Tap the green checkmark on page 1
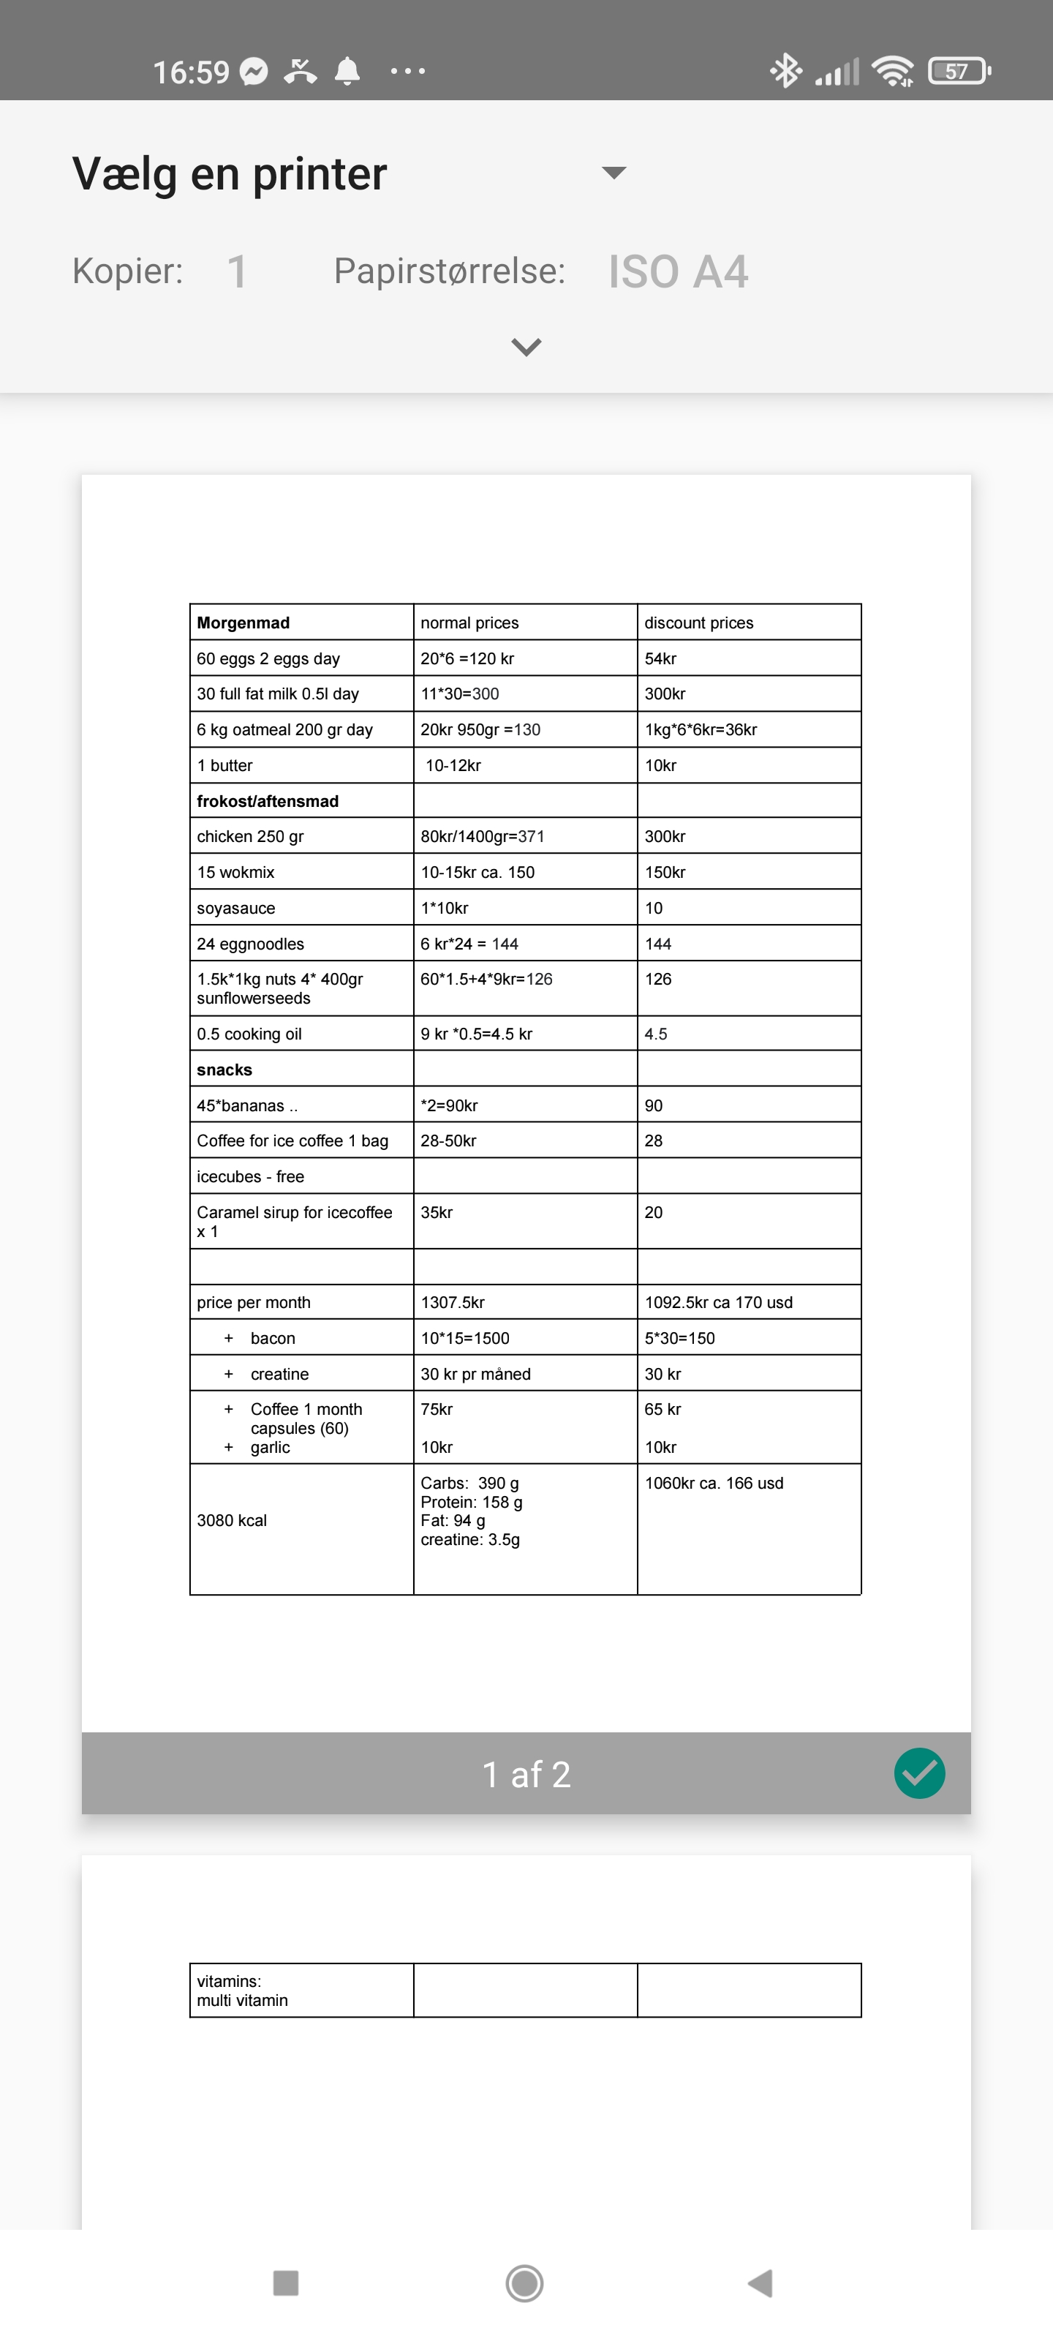point(919,1773)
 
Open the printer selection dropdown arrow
point(614,173)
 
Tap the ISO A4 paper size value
point(678,271)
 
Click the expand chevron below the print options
point(526,346)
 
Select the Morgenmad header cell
point(244,623)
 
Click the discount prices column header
point(698,623)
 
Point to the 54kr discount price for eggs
point(660,658)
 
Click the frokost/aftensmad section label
point(268,800)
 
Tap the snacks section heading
point(224,1070)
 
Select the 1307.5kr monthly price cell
point(453,1302)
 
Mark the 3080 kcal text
point(232,1520)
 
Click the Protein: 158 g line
point(472,1502)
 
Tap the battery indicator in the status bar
point(958,71)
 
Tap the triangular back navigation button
point(760,2282)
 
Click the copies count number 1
point(236,271)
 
